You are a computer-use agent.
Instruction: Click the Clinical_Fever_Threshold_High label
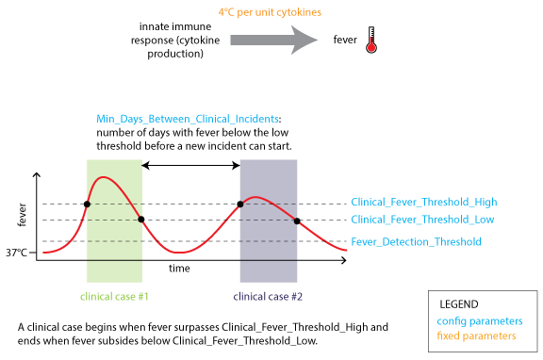tap(423, 203)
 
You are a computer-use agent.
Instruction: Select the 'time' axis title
tap(179, 269)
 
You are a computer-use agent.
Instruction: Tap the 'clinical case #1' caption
tap(113, 296)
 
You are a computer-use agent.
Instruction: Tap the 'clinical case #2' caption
tap(268, 296)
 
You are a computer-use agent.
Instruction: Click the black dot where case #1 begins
tap(87, 204)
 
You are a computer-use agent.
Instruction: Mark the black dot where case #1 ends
tap(141, 221)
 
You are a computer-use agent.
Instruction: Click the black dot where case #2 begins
tap(240, 204)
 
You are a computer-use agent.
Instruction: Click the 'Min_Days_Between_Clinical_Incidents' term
tap(188, 120)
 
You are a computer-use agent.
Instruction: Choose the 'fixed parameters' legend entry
tap(477, 335)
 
